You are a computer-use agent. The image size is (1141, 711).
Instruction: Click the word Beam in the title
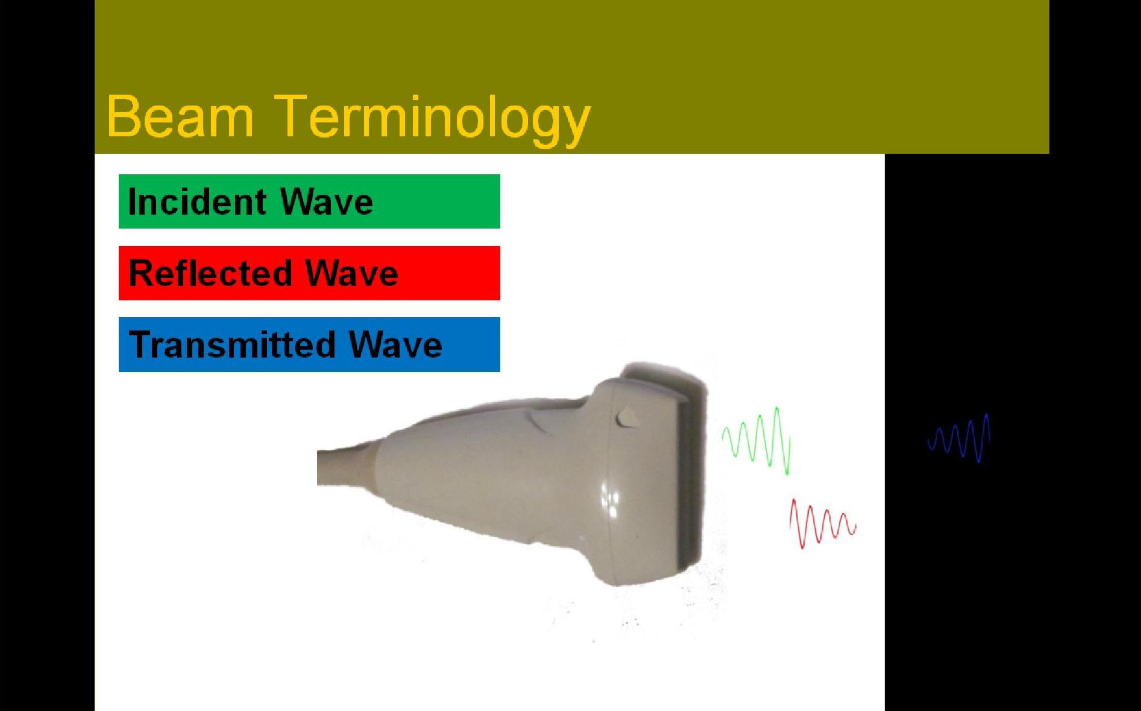coord(180,116)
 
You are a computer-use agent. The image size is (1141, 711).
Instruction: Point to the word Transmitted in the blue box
coord(231,345)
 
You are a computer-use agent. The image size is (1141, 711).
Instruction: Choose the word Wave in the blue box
coord(395,345)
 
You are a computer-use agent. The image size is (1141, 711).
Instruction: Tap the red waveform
coord(822,523)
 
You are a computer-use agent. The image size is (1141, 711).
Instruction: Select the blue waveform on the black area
coord(958,438)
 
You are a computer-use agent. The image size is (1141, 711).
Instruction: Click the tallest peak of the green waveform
coord(777,410)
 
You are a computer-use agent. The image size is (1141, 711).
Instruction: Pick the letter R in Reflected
coord(140,273)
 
